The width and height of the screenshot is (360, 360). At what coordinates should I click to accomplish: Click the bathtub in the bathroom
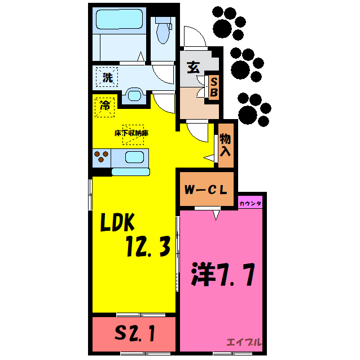pyautogui.click(x=120, y=22)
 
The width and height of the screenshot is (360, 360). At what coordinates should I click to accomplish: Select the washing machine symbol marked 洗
pyautogui.click(x=107, y=77)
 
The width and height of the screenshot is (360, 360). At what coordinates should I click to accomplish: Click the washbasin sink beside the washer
pyautogui.click(x=134, y=94)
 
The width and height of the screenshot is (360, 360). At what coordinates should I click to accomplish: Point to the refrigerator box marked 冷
pyautogui.click(x=105, y=106)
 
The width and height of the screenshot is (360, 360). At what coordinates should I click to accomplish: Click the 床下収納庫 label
pyautogui.click(x=131, y=133)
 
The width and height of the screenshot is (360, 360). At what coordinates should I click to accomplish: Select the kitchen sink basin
pyautogui.click(x=134, y=157)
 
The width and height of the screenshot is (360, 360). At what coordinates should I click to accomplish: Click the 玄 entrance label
pyautogui.click(x=193, y=67)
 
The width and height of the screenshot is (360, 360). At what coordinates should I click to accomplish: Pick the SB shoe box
pyautogui.click(x=214, y=87)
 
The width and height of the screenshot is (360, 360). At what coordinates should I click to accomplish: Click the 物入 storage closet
pyautogui.click(x=225, y=145)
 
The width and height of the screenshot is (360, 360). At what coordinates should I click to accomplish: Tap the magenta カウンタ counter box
pyautogui.click(x=251, y=202)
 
